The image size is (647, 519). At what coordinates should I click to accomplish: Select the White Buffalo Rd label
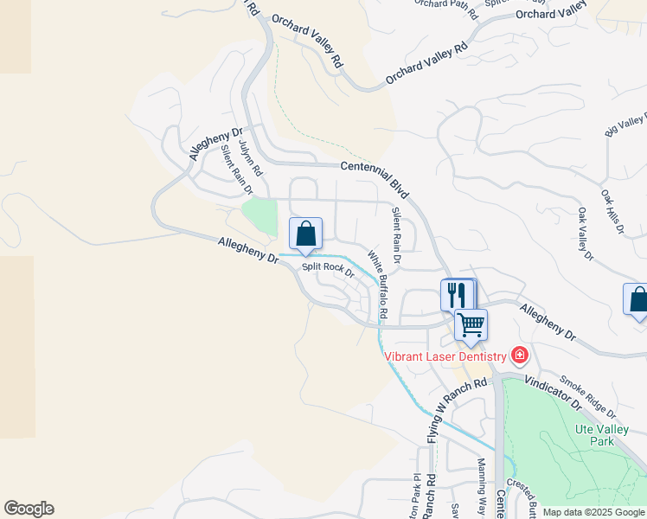pos(377,283)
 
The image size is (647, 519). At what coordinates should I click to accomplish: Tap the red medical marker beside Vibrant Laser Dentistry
pos(519,355)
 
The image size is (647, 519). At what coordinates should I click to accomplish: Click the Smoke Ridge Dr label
pos(587,395)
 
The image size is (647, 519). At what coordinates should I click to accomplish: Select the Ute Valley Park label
pos(594,435)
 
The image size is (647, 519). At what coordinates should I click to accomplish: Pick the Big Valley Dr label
pos(626,125)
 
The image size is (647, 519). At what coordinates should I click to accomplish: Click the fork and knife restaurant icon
pos(458,295)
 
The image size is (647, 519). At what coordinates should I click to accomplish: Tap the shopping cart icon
pos(471,325)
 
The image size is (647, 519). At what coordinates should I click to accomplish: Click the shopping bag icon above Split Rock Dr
pos(305,234)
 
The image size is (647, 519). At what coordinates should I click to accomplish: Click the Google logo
pos(29,509)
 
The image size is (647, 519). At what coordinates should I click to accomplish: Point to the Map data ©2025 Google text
pos(593,512)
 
